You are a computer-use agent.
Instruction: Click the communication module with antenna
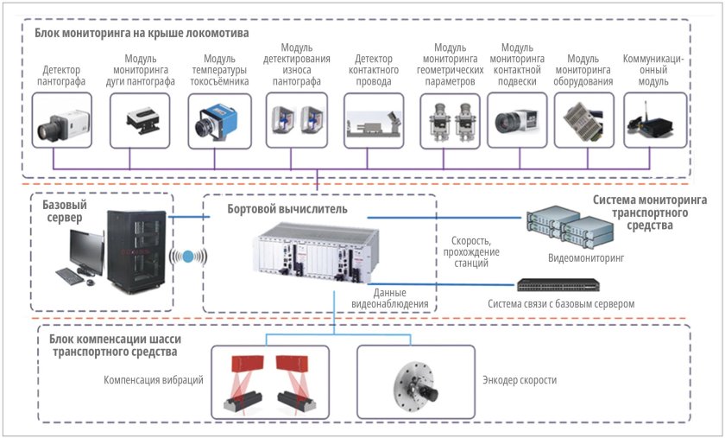[x=653, y=121]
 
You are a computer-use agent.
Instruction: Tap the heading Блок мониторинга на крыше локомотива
[x=142, y=33]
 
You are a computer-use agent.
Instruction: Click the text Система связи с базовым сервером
[x=560, y=304]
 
